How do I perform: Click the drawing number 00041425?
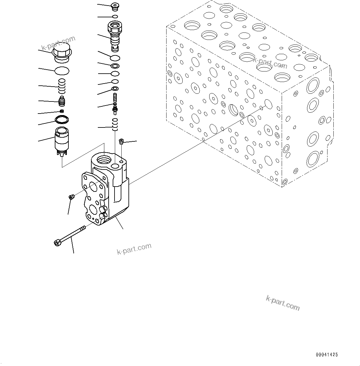pos(327,355)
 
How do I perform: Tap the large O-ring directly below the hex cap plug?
pos(62,71)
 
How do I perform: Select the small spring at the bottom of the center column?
pos(115,124)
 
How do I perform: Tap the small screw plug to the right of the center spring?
pos(121,142)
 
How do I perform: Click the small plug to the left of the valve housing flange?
pos(71,197)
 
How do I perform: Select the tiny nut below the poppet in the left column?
pos(62,111)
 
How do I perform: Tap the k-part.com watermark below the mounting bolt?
pos(134,248)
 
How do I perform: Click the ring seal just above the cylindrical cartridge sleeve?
pos(62,119)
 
